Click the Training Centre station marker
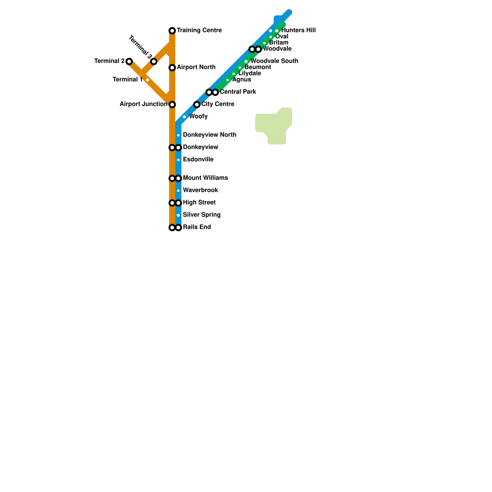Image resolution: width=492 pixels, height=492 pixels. coord(172,31)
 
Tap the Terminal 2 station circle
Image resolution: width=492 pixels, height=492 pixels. coord(129,61)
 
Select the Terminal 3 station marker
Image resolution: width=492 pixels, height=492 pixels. coord(154,61)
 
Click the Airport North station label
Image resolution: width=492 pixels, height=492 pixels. coord(196,67)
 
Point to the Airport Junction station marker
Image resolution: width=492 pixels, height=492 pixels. coord(172,105)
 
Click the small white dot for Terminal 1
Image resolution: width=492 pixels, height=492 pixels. coord(148,80)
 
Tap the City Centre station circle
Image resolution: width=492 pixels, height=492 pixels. coord(197,105)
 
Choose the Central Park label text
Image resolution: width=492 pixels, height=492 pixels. coord(238,92)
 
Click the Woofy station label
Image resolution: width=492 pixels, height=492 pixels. coord(198,117)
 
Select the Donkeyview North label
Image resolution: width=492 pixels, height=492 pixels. coord(209,135)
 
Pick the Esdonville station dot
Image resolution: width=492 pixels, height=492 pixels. coord(178,160)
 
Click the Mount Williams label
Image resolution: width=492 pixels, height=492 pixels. coord(205,178)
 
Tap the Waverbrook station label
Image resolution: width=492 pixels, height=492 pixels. coord(200,190)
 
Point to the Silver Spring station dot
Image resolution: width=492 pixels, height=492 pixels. coord(178,215)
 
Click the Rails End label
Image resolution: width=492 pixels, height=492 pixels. coord(196,227)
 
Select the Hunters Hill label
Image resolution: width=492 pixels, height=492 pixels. coord(298,30)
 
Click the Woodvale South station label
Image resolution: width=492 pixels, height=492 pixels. coord(274,61)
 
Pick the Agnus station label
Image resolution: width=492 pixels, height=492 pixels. coord(241,80)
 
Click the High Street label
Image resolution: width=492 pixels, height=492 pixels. coord(199,203)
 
